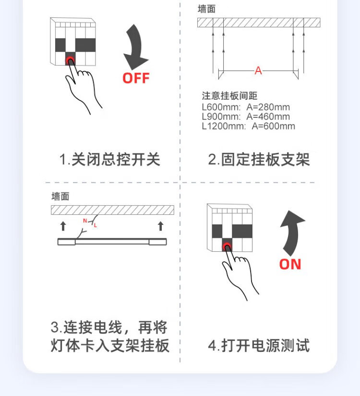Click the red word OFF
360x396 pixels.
coord(136,78)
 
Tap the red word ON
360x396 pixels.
coord(290,264)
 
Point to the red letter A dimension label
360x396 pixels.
coord(258,71)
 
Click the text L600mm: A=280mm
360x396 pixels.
coord(246,107)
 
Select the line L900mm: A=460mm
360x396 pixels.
coord(246,116)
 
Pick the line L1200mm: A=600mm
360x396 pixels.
coord(248,126)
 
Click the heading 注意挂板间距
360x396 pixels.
coord(229,96)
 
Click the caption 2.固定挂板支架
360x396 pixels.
coord(259,159)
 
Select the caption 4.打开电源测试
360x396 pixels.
coord(259,345)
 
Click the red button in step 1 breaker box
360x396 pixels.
coord(71,60)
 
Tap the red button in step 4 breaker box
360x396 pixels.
coord(227,246)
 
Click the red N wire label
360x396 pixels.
coord(85,221)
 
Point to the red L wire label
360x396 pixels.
coord(95,225)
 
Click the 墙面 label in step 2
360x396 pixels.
coord(206,9)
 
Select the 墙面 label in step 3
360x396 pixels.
coord(60,197)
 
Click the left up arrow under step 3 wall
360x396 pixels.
coord(62,226)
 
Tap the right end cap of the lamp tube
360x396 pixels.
coord(158,242)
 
